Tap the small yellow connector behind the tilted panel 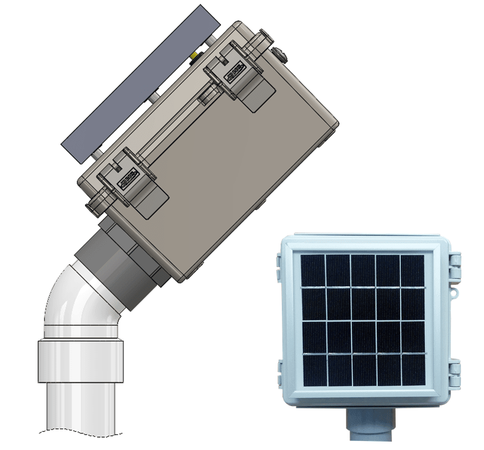pyautogui.click(x=195, y=55)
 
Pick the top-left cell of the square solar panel pyautogui.click(x=312, y=271)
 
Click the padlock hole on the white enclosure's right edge pyautogui.click(x=453, y=292)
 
